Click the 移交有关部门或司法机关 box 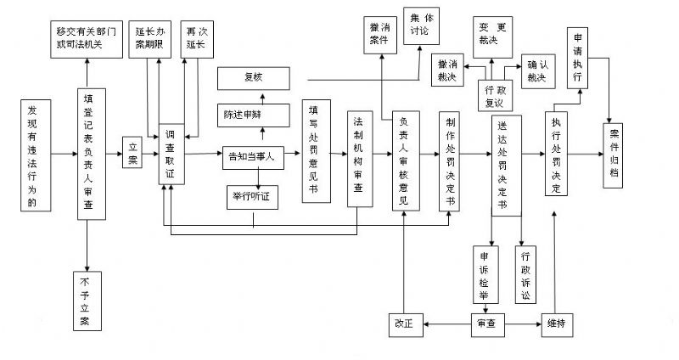tap(86, 38)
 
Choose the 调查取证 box tap(171, 154)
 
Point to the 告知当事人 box tap(252, 155)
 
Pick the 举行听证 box tap(252, 197)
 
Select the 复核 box tap(254, 78)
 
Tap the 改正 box tap(405, 323)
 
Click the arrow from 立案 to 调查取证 tap(149, 153)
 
